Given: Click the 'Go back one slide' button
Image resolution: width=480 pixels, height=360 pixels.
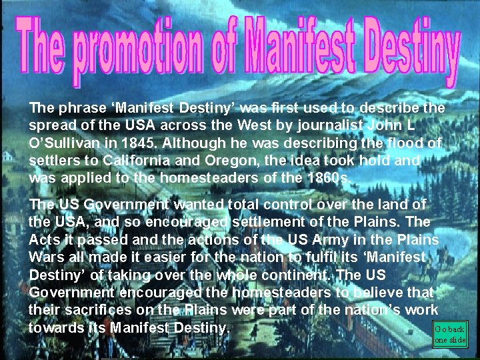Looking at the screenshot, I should pos(450,334).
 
